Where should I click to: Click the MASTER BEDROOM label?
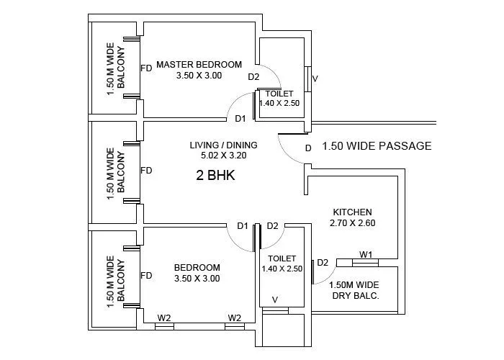coord(199,64)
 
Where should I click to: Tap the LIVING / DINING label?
coord(223,145)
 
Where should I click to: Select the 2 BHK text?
coord(216,174)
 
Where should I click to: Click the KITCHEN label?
coord(352,212)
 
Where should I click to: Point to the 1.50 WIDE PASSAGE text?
coord(377,146)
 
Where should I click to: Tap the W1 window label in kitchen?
coord(366,254)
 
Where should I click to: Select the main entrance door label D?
coord(307,148)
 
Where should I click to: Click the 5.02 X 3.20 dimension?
coord(223,155)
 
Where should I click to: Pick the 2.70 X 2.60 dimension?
coord(352,223)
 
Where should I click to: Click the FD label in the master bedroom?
coord(146,68)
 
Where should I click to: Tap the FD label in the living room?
coord(146,171)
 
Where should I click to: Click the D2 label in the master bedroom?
coord(253,77)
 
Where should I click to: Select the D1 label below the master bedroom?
coord(240,119)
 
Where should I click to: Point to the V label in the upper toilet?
coord(315,78)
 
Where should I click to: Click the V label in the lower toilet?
coord(274,300)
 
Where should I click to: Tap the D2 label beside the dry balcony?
coord(323,262)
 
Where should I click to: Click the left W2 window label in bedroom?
coord(164,318)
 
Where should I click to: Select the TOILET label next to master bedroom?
coord(279,94)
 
